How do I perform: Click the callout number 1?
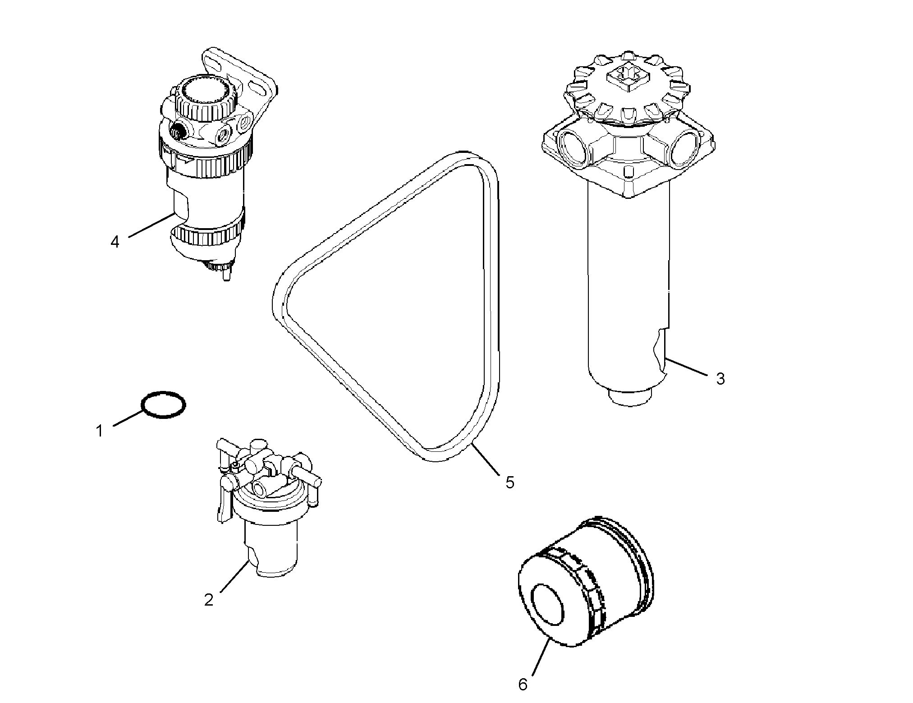(99, 431)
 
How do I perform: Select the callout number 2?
(208, 600)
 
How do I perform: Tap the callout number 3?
(720, 379)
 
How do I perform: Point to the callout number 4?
(115, 242)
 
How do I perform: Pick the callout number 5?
(509, 482)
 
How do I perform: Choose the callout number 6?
(523, 685)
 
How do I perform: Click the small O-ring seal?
(164, 404)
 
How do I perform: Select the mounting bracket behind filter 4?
(252, 81)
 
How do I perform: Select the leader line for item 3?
(686, 367)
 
